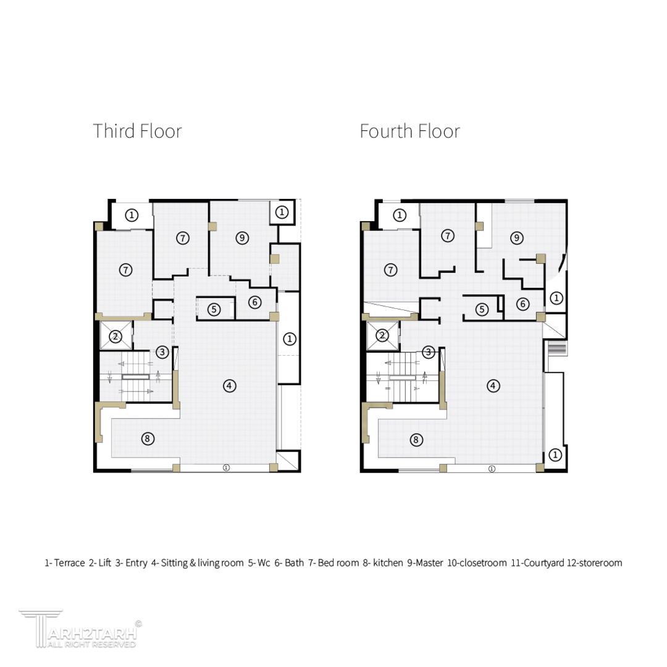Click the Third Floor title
tap(137, 131)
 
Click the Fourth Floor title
tap(409, 131)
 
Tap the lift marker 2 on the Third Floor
tap(115, 337)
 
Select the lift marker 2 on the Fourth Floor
tap(382, 335)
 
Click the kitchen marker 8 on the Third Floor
tap(148, 438)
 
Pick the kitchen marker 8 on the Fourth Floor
tap(416, 440)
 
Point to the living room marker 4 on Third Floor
tap(230, 386)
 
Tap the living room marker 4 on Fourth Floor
tap(493, 386)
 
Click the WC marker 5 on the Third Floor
tap(214, 309)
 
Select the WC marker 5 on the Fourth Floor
tap(482, 309)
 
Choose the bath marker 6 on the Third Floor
tap(255, 302)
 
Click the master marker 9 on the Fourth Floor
tap(517, 237)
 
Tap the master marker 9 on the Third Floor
tap(243, 238)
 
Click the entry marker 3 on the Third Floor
tap(162, 352)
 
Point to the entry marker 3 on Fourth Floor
tap(429, 352)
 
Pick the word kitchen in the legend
tap(388, 563)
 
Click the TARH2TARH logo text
tap(92, 634)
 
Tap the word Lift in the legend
tap(104, 563)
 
